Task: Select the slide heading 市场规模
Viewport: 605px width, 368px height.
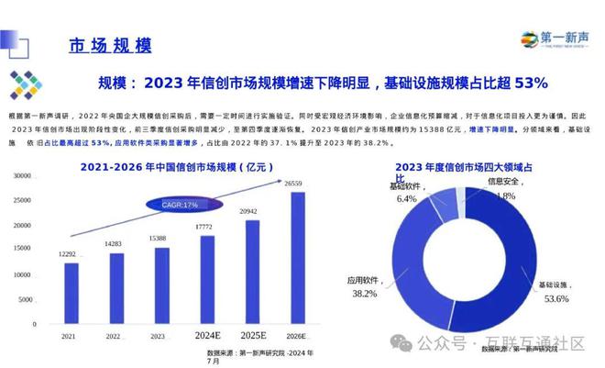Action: click(x=110, y=45)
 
